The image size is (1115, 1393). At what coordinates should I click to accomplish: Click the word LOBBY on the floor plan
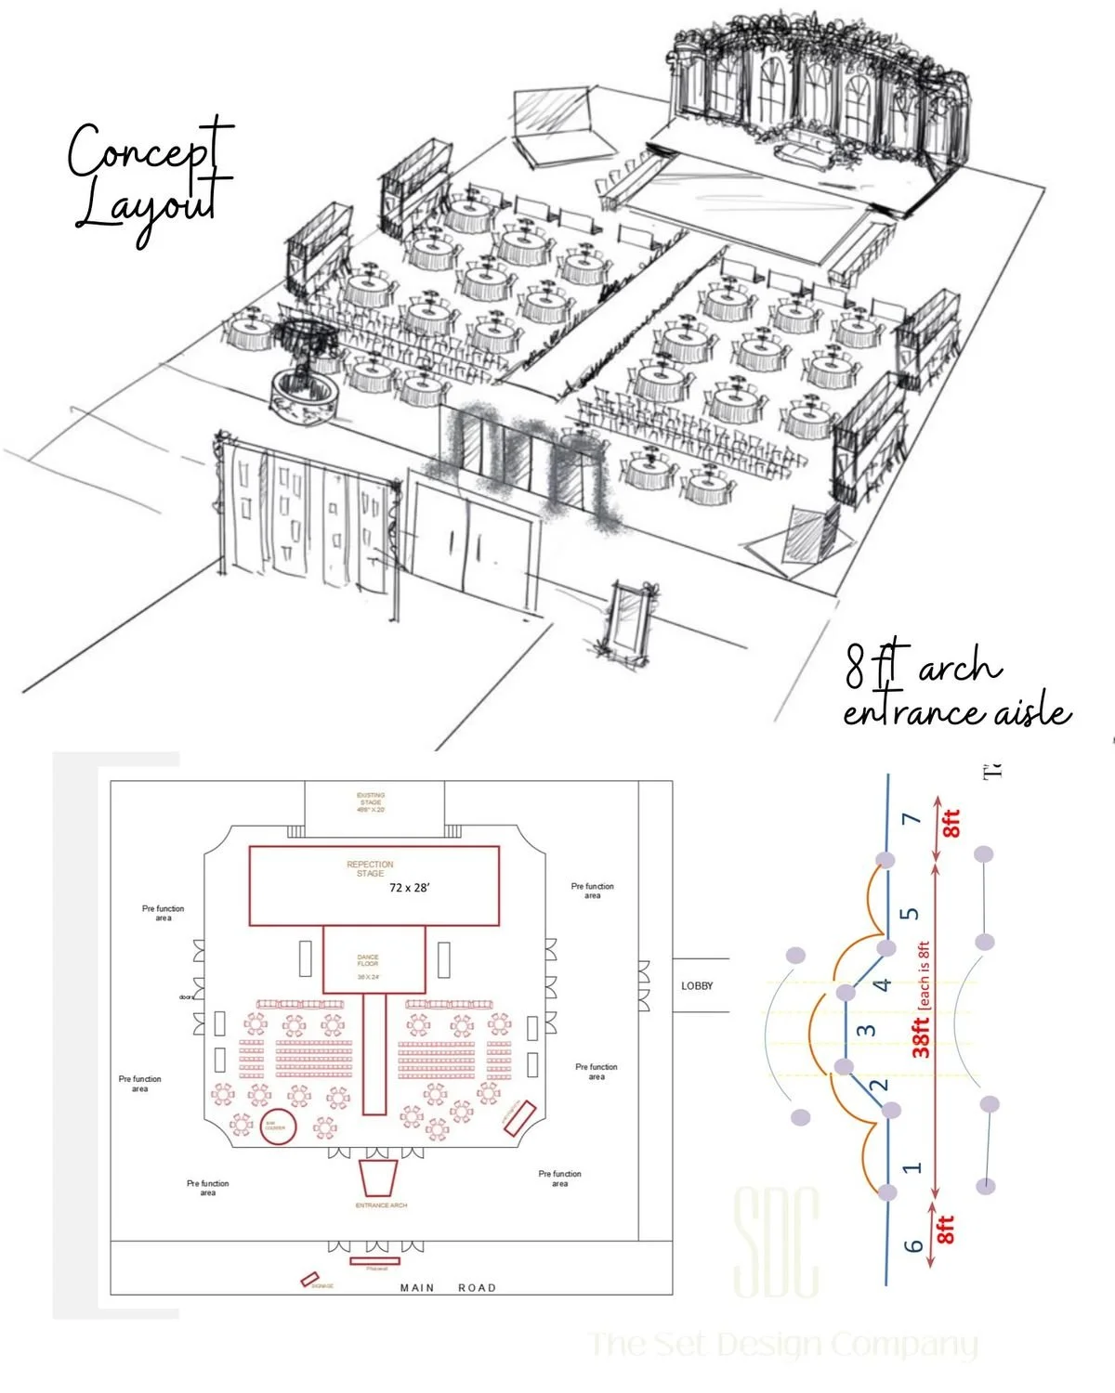[x=697, y=985]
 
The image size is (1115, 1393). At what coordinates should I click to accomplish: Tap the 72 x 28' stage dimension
[x=409, y=888]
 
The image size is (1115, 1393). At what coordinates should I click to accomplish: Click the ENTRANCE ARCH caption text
[x=381, y=1205]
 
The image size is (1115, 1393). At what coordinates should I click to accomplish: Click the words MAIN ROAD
[x=448, y=1288]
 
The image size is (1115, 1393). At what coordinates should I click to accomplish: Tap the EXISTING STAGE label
[x=371, y=802]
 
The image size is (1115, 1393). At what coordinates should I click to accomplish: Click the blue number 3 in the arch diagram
[x=866, y=1030]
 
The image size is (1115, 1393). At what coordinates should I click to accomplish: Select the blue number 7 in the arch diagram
[x=912, y=819]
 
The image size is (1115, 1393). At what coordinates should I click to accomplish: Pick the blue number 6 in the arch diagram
[x=914, y=1244]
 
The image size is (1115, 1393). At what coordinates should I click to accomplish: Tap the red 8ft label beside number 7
[x=951, y=824]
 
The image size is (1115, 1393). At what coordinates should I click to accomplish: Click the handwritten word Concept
[x=149, y=151]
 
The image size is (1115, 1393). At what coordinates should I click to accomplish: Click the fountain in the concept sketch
[x=303, y=376]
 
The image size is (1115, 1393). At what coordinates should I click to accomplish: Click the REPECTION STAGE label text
[x=370, y=868]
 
